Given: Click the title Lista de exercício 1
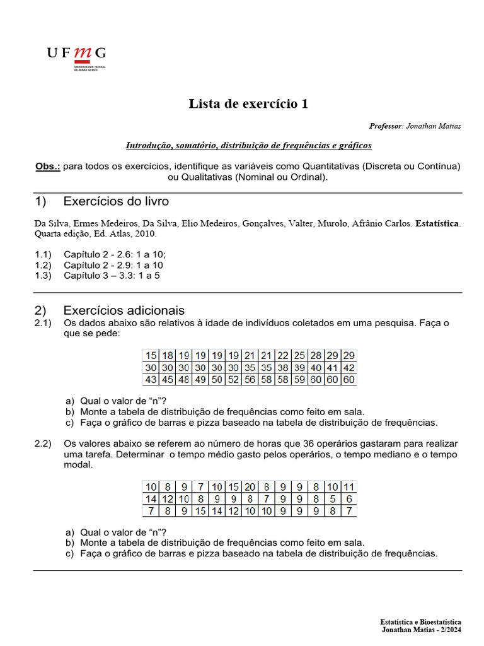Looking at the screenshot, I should pyautogui.click(x=248, y=104).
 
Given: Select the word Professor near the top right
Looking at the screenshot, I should pyautogui.click(x=385, y=126).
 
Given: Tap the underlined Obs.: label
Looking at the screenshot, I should pyautogui.click(x=48, y=167).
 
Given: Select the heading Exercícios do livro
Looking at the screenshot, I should pyautogui.click(x=116, y=202).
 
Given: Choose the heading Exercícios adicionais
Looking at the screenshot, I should pyautogui.click(x=124, y=310).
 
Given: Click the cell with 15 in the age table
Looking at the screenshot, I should pyautogui.click(x=151, y=355).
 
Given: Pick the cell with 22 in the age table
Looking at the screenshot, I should pyautogui.click(x=283, y=355).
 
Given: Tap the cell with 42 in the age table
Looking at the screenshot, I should pyautogui.click(x=349, y=368).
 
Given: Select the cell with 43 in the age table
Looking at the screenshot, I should pyautogui.click(x=151, y=380).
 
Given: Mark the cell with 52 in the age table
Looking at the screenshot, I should pyautogui.click(x=233, y=380).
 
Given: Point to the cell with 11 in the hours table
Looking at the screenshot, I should pyautogui.click(x=349, y=486).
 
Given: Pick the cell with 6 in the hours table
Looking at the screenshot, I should pyautogui.click(x=349, y=498).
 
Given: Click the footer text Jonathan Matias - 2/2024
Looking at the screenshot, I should pyautogui.click(x=422, y=630).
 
